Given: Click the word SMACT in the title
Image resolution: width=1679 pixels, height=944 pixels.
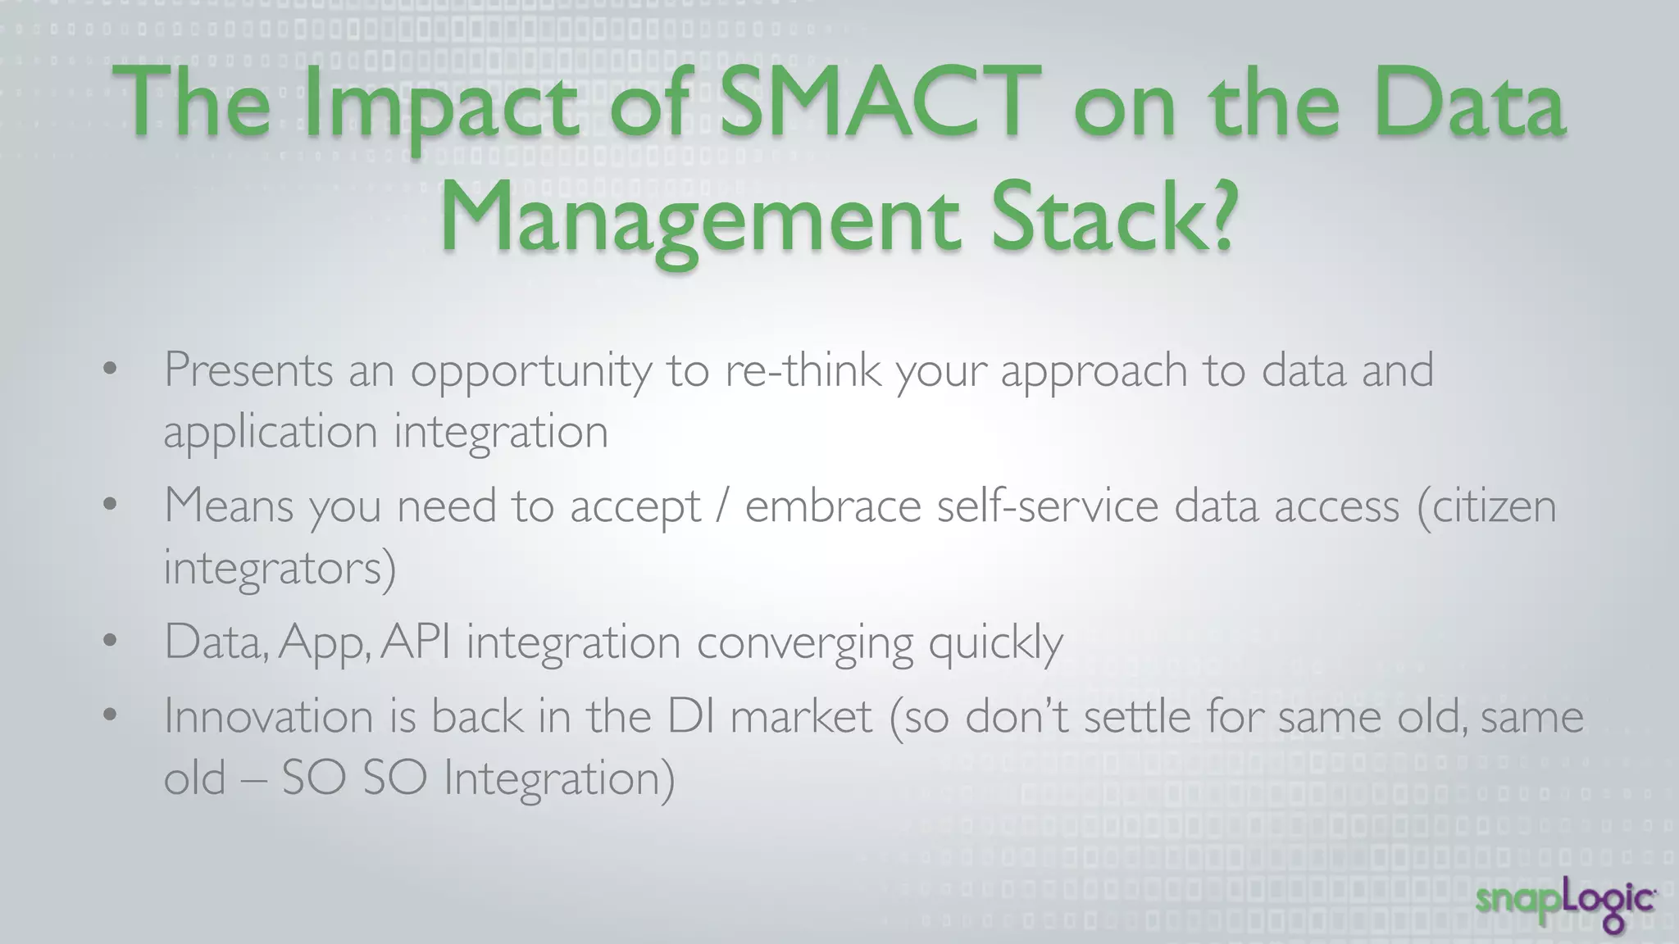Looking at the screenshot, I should pos(880,104).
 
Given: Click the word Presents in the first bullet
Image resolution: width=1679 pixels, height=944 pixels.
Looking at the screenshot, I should pos(248,370).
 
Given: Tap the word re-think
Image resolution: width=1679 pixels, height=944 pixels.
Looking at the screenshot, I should pos(803,370).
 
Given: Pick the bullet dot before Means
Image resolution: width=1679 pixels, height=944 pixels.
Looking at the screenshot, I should pos(111,505).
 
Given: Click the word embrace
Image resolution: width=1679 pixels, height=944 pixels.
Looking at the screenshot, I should pos(833,506).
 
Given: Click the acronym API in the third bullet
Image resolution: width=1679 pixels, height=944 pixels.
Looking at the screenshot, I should pos(416,642).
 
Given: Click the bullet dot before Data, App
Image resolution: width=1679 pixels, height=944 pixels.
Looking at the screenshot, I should pos(111,641).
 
